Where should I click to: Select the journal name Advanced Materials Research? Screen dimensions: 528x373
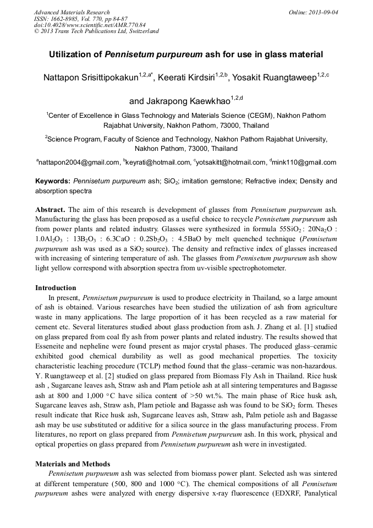click(x=72, y=12)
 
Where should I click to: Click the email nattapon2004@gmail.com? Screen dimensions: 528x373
click(x=79, y=162)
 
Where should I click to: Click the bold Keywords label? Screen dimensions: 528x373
click(x=53, y=181)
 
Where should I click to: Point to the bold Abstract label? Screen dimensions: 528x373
click(x=50, y=210)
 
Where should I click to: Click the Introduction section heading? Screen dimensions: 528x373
click(x=56, y=287)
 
